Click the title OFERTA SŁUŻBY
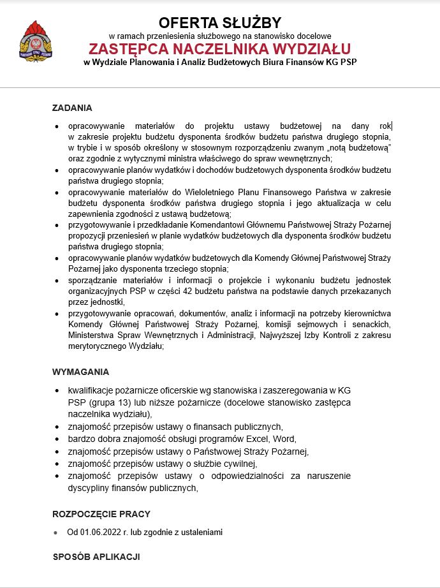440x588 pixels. coord(220,22)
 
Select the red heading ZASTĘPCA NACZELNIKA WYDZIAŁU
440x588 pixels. coord(220,49)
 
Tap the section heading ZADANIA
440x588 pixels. coord(72,108)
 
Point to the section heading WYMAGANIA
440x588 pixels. coord(80,372)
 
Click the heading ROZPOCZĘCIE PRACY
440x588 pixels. coord(101,514)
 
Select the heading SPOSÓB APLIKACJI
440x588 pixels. coord(96,557)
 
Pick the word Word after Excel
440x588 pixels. coord(285,439)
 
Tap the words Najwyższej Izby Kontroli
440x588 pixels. coord(301,335)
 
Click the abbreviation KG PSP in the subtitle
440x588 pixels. coord(341,62)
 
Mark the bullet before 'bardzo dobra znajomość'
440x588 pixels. coord(59,439)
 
